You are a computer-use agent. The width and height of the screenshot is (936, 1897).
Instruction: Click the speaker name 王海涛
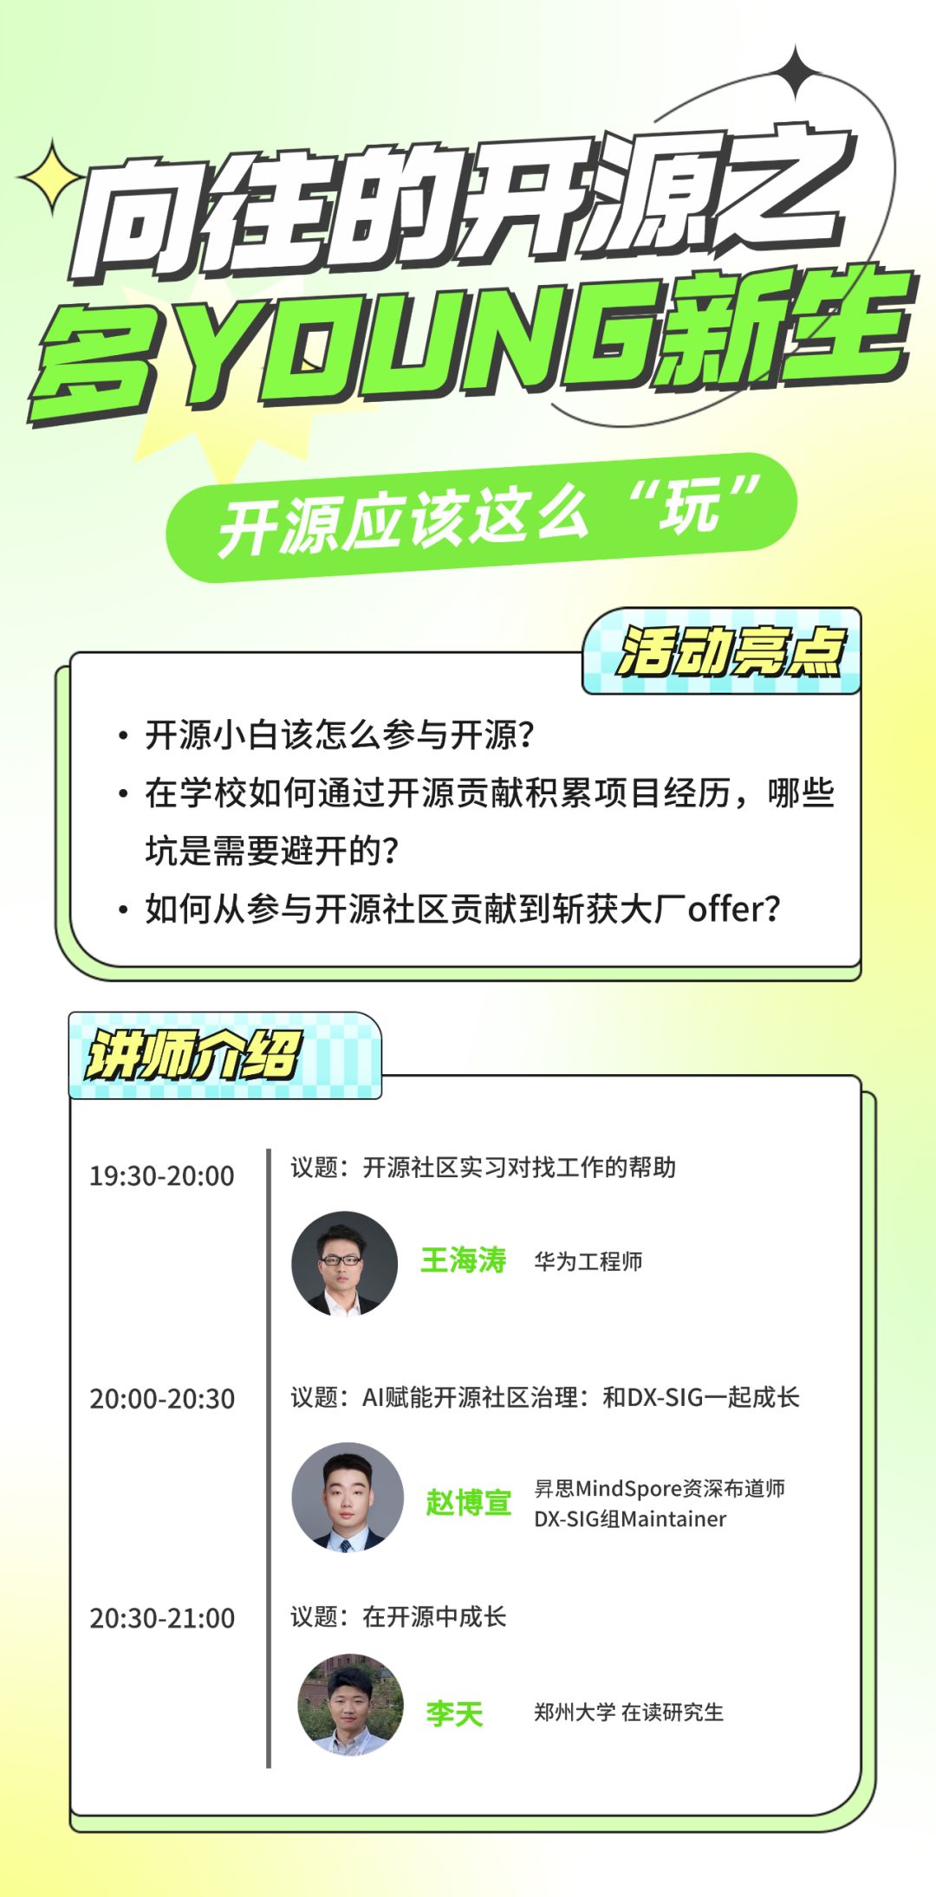(463, 1259)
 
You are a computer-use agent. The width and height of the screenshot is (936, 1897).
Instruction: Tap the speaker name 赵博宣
(468, 1502)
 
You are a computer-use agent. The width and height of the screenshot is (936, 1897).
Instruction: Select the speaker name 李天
(454, 1712)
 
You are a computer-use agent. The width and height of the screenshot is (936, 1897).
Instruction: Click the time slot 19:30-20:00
(162, 1175)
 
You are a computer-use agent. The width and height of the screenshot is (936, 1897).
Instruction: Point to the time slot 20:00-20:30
(162, 1398)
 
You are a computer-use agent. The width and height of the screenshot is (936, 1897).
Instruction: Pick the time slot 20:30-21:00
(162, 1617)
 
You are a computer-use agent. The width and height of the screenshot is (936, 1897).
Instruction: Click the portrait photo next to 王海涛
(344, 1263)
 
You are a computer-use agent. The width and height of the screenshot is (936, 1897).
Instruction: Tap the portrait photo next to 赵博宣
(348, 1497)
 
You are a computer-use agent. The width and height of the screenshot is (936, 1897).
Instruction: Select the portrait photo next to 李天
(351, 1704)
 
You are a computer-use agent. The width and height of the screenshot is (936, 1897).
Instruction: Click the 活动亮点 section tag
(722, 651)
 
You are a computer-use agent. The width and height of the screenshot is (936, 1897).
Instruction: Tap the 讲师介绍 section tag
(225, 1055)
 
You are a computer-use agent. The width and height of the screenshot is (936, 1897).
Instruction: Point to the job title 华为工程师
(588, 1261)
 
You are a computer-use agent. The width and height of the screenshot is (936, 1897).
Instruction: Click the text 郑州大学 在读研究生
(628, 1712)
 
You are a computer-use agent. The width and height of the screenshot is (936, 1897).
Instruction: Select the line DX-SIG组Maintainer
(630, 1518)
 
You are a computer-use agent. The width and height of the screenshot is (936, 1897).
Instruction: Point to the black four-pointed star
(796, 73)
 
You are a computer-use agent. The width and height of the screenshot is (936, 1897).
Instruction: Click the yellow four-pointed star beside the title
(51, 177)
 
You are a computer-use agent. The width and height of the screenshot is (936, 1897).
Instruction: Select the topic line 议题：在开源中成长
(399, 1616)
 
